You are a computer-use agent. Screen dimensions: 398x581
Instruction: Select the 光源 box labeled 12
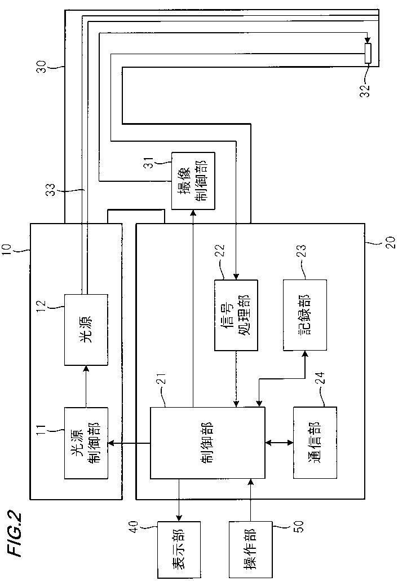click(86, 329)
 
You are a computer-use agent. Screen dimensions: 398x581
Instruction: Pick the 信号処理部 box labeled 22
click(236, 315)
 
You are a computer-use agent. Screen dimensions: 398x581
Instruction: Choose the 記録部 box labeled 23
click(305, 315)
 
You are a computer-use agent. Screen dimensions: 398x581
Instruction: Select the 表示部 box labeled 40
click(179, 550)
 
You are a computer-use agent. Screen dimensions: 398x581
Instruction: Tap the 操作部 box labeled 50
click(250, 550)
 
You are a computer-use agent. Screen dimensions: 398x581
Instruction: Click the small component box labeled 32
click(368, 53)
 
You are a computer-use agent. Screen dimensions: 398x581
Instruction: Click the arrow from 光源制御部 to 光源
click(86, 386)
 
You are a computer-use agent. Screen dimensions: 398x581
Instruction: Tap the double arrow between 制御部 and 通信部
click(279, 443)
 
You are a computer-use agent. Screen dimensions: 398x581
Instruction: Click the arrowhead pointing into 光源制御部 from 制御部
click(111, 443)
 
